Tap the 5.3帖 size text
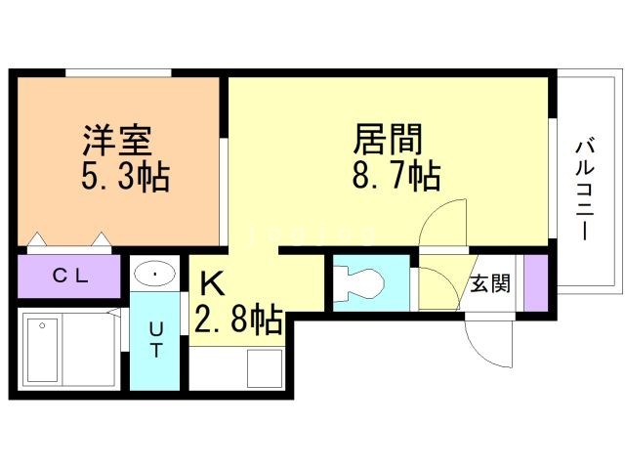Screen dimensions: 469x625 (x=122, y=178)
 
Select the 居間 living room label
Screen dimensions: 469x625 (x=388, y=140)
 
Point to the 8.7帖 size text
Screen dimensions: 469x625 (x=395, y=177)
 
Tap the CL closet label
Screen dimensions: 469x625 (x=69, y=277)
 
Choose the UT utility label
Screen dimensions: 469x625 (x=155, y=337)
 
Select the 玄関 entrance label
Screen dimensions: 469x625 (x=490, y=284)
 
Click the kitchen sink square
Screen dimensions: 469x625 (x=263, y=368)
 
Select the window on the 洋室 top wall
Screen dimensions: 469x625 (x=118, y=71)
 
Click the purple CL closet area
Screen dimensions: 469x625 (x=69, y=277)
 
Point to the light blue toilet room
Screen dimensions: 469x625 (x=371, y=283)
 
